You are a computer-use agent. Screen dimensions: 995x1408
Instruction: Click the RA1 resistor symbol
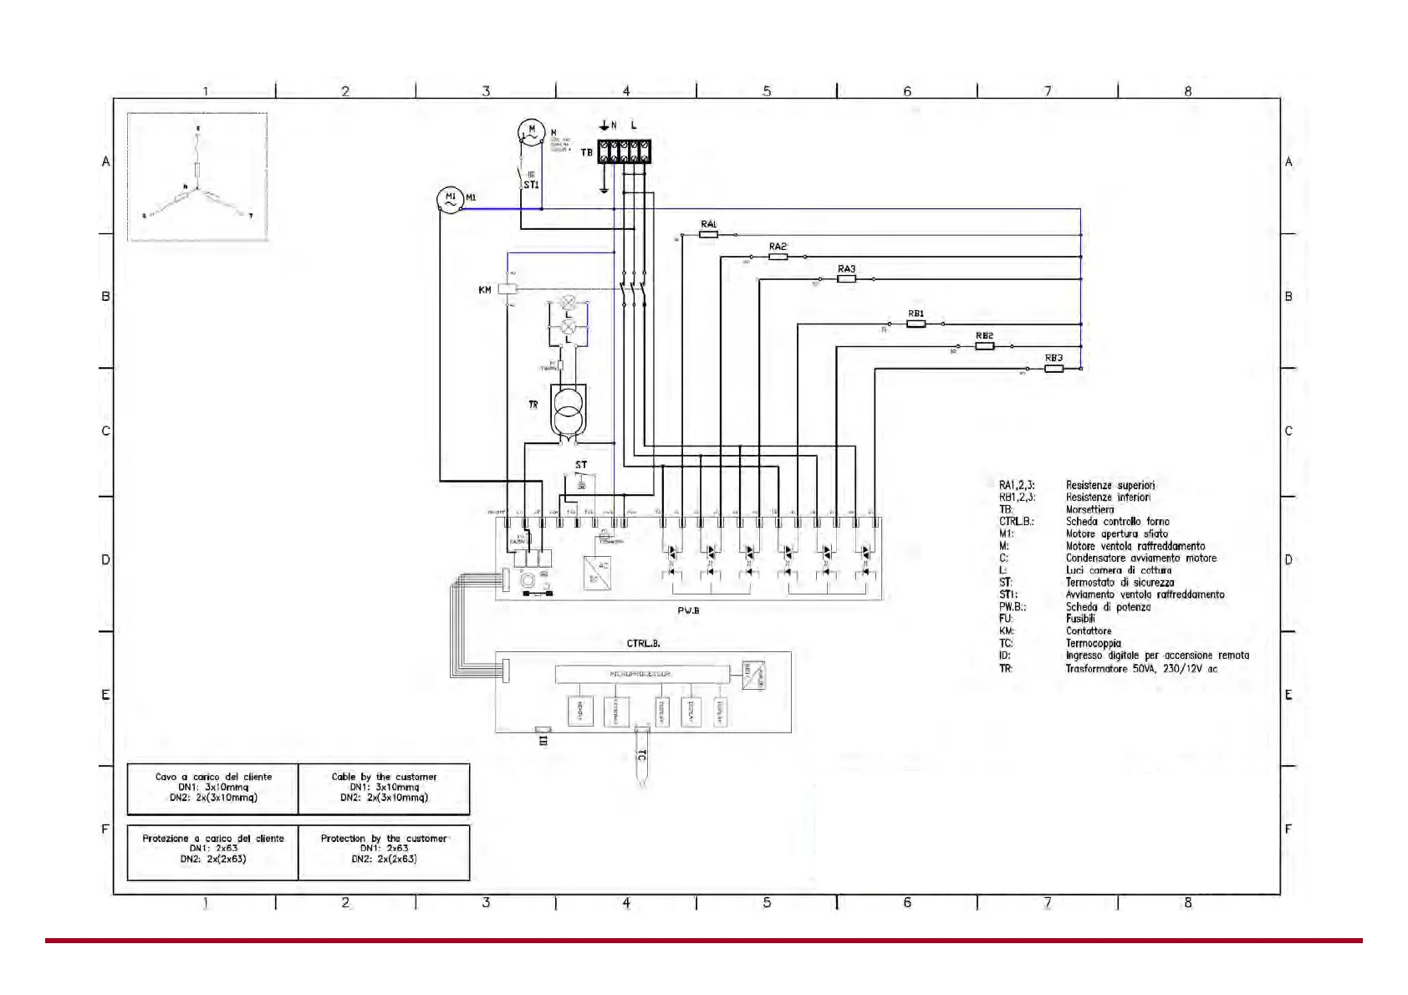[708, 235]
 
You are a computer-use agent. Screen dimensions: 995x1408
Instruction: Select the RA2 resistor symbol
[778, 257]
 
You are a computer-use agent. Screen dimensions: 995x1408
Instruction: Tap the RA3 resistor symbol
[846, 279]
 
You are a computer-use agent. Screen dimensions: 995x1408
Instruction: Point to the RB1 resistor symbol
[916, 324]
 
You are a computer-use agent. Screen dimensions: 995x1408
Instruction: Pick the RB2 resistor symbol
[985, 346]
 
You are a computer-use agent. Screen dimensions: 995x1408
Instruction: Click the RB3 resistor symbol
[1054, 368]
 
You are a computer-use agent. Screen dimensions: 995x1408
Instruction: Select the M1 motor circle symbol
[450, 199]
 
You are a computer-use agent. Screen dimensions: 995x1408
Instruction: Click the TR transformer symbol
[569, 409]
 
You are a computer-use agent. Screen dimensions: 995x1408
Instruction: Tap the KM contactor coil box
[508, 289]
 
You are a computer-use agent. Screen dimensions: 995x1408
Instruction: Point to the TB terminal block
[625, 152]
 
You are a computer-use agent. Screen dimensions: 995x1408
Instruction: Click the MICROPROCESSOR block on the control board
[640, 673]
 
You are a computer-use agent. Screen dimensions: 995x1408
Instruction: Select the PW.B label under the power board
[688, 610]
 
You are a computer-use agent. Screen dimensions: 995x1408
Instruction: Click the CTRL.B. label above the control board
[643, 644]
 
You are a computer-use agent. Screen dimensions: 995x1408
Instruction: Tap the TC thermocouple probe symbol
[641, 757]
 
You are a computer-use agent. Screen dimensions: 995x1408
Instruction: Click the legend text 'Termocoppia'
[1093, 644]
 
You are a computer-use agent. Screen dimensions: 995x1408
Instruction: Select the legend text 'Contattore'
[1088, 631]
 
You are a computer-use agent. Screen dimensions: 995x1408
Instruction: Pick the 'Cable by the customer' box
[384, 788]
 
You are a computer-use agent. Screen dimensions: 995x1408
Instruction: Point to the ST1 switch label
[531, 185]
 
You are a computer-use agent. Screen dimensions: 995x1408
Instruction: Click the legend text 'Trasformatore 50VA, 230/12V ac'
[1140, 668]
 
